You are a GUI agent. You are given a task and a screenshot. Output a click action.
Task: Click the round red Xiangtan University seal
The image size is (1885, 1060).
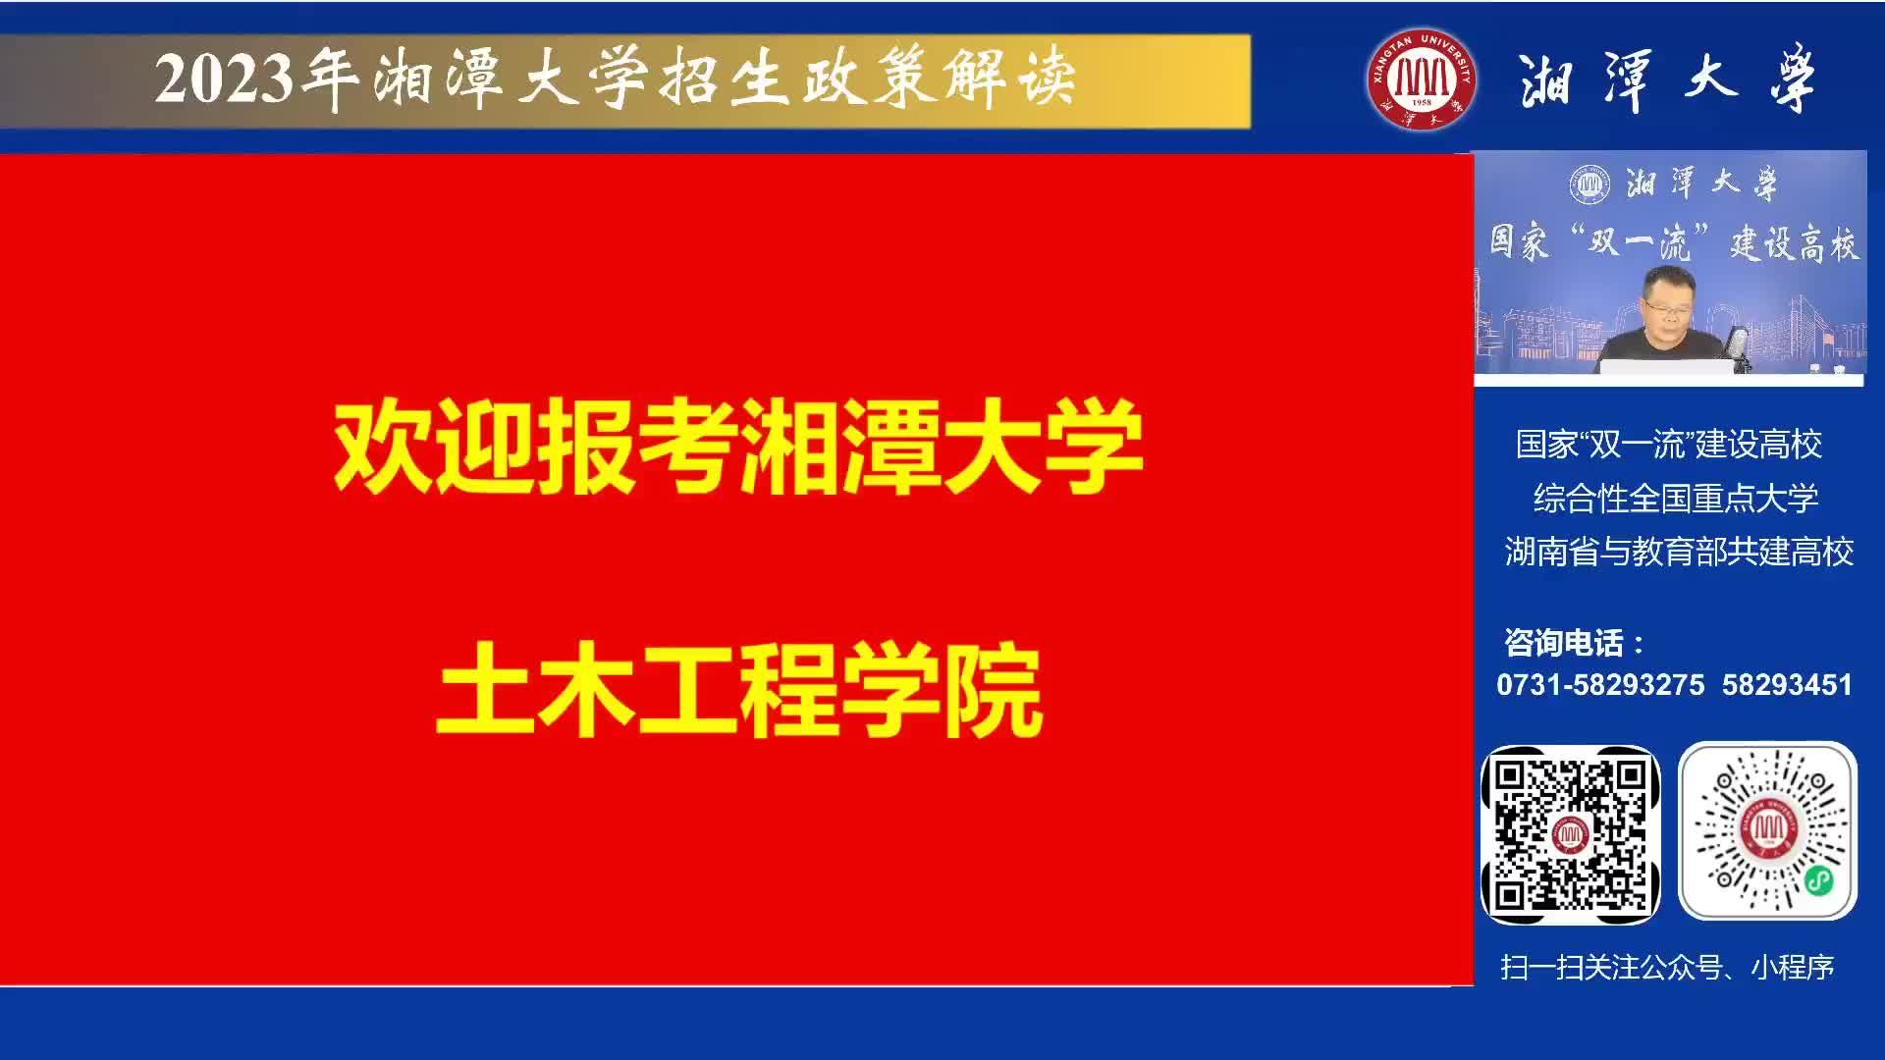tap(1422, 79)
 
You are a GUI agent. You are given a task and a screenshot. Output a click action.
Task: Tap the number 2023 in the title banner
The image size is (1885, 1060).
tap(225, 79)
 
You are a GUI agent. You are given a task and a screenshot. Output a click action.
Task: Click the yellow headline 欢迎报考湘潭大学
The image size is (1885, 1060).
tap(739, 447)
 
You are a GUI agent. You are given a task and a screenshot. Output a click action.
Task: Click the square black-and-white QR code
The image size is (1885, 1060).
tap(1571, 833)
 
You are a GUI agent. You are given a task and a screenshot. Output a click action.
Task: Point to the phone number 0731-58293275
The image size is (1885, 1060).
tap(1600, 684)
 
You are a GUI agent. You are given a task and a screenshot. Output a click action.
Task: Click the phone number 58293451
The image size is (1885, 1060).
tap(1787, 684)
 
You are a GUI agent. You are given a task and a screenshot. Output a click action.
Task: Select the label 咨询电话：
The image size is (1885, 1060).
tap(1575, 643)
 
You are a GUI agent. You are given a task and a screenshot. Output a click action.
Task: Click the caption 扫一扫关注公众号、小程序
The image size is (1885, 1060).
tap(1667, 968)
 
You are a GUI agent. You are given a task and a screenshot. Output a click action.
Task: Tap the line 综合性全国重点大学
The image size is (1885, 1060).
tap(1676, 499)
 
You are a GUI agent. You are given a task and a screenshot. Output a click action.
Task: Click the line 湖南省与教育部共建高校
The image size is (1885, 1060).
tap(1679, 552)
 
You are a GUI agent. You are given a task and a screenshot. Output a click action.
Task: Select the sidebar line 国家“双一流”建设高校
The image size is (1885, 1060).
tap(1669, 445)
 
